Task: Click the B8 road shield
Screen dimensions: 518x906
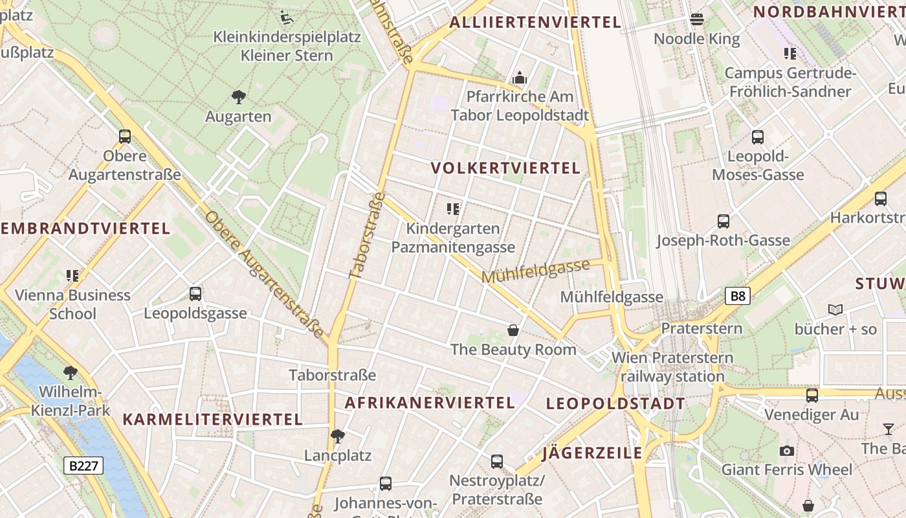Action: coord(738,297)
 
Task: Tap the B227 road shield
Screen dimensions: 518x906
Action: coord(84,466)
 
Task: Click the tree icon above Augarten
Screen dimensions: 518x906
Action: coord(238,98)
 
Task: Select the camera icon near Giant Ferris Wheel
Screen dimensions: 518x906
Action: coord(787,451)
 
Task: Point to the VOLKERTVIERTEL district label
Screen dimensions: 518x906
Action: coord(505,168)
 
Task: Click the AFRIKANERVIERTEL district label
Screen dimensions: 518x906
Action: coord(430,403)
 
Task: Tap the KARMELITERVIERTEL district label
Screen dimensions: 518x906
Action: coord(213,420)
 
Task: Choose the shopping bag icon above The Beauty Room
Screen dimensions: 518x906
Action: coord(513,330)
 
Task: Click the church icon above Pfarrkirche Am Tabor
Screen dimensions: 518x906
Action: coord(520,78)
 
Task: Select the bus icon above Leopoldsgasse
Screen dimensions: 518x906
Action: coord(195,294)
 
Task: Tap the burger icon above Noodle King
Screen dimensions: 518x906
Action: coord(697,19)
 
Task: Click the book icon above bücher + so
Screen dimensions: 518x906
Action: coord(835,310)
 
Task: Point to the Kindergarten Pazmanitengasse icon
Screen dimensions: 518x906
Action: coord(453,208)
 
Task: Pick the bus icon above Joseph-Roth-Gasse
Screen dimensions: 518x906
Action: coord(724,221)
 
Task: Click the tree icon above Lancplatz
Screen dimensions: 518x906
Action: coord(337,436)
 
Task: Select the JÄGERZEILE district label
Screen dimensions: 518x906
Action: coord(592,453)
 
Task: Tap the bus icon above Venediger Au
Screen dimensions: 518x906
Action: coord(812,395)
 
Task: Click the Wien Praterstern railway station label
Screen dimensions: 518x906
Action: coord(672,367)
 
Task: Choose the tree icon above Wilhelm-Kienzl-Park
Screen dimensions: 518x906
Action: coord(71,373)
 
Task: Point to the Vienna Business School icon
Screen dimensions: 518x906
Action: coord(72,276)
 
